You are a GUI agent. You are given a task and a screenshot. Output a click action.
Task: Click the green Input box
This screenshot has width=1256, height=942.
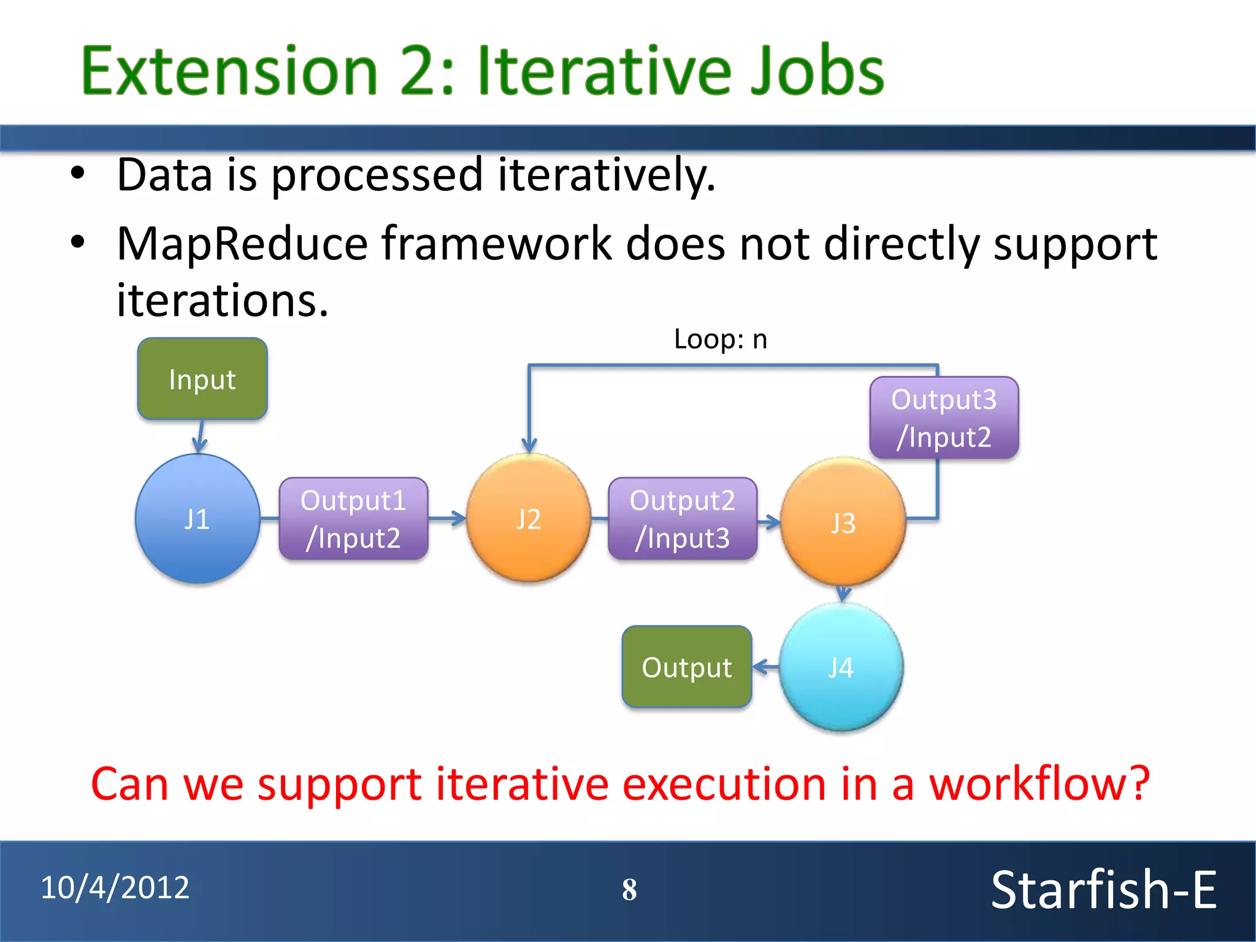[202, 379]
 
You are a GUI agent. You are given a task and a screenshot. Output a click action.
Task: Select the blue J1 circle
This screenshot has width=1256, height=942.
[197, 519]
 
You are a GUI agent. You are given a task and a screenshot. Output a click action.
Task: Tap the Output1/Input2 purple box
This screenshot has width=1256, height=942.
[353, 519]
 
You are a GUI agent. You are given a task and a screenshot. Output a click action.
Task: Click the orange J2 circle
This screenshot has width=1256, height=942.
[528, 519]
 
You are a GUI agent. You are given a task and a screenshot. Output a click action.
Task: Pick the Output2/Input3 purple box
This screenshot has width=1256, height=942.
[683, 519]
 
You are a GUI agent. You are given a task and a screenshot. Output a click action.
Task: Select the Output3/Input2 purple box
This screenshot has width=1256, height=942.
[944, 418]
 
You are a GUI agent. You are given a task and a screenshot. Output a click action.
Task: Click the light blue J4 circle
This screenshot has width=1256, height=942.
[841, 667]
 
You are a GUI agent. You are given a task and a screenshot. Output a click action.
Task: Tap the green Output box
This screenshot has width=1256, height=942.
[686, 667]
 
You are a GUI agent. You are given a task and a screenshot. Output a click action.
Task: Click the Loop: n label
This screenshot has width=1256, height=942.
[720, 339]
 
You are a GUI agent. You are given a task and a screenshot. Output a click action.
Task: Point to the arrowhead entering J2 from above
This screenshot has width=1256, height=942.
[529, 445]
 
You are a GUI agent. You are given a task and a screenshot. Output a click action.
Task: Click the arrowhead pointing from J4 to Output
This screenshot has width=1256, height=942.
[761, 667]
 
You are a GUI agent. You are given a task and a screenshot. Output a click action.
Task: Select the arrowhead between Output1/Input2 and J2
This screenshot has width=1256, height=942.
[458, 519]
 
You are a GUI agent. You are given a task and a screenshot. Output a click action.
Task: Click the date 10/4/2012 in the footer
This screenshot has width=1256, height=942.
[115, 887]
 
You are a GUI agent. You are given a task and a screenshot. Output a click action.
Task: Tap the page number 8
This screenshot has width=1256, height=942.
[629, 890]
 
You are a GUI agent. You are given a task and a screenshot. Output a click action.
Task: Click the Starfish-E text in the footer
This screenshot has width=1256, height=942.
[1103, 890]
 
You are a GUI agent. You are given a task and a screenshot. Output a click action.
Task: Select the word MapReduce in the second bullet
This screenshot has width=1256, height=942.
[242, 244]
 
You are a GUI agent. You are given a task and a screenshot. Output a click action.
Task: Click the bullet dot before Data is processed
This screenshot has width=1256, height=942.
[77, 174]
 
